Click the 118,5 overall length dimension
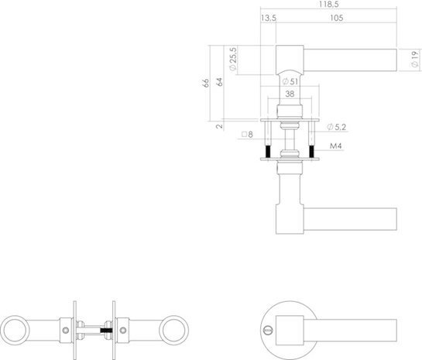click(329, 5)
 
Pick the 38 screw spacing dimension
click(290, 94)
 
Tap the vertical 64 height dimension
click(220, 82)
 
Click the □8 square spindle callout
click(248, 135)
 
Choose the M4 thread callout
click(335, 146)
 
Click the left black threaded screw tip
click(268, 150)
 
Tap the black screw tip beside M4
click(311, 150)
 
